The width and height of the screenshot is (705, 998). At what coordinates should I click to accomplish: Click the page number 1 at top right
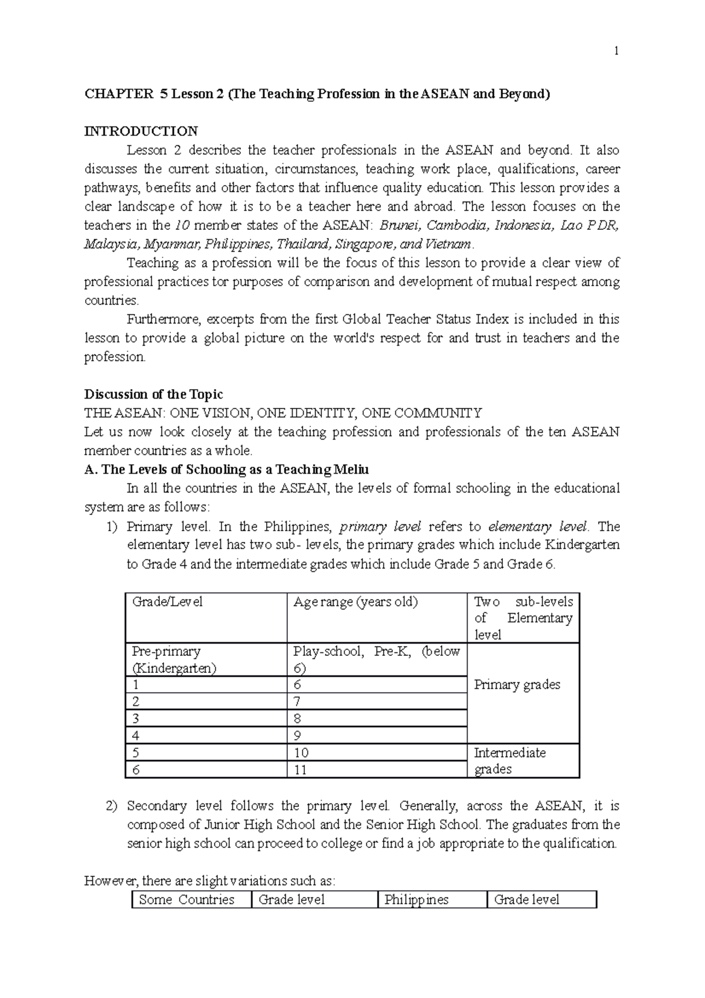[x=616, y=51]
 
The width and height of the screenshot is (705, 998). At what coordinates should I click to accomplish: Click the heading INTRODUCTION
[x=141, y=131]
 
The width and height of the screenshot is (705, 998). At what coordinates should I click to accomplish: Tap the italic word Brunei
[x=400, y=225]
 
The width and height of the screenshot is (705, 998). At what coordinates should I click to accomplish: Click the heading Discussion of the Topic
[x=153, y=394]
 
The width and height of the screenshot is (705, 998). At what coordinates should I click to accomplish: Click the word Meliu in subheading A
[x=351, y=470]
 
